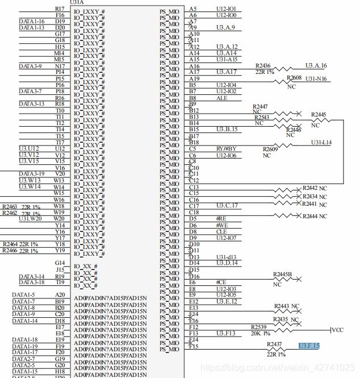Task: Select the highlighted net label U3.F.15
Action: point(309,346)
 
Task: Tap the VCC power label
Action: point(337,330)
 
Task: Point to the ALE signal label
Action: point(221,98)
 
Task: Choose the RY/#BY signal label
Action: point(225,149)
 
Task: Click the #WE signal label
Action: point(222,226)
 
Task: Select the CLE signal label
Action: point(221,232)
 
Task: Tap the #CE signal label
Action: point(221,282)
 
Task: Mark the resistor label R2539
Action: point(259,327)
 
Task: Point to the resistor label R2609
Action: point(270,149)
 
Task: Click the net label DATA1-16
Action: point(31,21)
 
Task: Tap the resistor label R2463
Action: point(10,206)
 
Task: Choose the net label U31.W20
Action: point(30,219)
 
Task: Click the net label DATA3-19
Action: point(31,174)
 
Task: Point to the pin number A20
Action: point(60,295)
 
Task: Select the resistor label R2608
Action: point(294,78)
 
